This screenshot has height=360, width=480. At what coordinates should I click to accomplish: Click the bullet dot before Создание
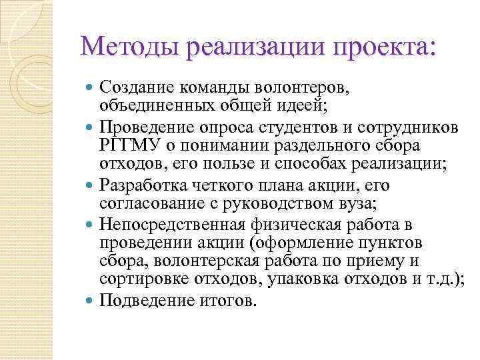point(91,87)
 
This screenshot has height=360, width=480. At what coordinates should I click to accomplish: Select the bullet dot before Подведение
point(91,301)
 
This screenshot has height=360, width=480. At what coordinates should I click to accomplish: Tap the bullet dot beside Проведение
point(91,128)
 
